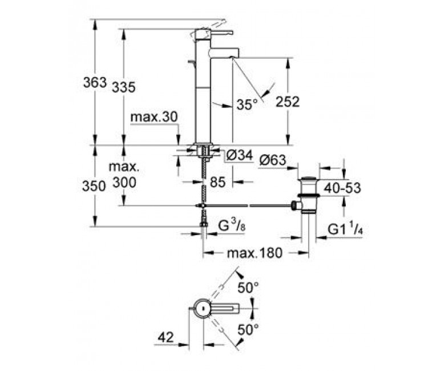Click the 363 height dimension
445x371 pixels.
[x=95, y=83]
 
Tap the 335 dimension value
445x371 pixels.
[x=124, y=87]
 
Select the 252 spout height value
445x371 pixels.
[x=288, y=102]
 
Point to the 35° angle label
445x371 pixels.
[x=247, y=104]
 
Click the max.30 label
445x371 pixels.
[x=154, y=116]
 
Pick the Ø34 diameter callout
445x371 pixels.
[x=240, y=155]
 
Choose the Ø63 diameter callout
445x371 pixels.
[x=273, y=160]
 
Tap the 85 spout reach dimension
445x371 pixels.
[x=218, y=182]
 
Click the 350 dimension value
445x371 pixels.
[x=94, y=187]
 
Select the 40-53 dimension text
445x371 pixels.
[x=342, y=188]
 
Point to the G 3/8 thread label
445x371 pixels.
[x=232, y=226]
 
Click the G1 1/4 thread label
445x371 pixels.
[x=345, y=229]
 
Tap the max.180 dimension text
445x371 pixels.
[x=254, y=253]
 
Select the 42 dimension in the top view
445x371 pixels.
[x=166, y=337]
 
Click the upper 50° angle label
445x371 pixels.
[x=248, y=288]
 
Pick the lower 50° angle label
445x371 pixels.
[x=248, y=330]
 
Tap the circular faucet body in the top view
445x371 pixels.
[x=203, y=308]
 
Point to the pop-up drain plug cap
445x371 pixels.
[x=309, y=179]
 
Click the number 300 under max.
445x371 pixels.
[x=124, y=183]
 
